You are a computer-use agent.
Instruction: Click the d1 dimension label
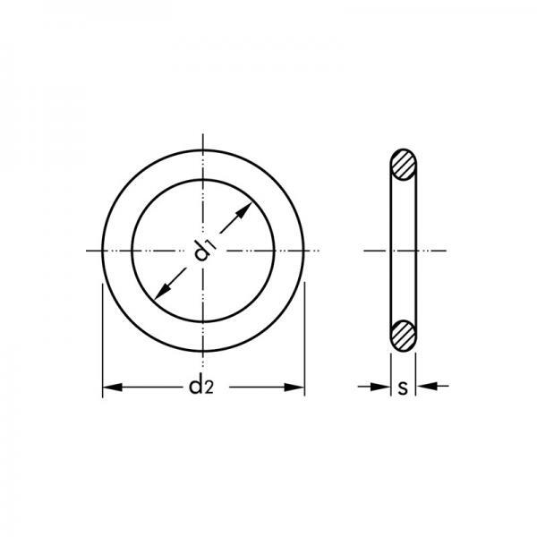204,250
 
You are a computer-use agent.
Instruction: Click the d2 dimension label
201,387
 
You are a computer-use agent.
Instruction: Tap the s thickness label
403,388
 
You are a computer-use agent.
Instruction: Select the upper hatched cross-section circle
404,165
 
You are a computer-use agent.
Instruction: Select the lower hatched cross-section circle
404,336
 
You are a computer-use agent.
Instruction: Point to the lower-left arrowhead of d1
162,292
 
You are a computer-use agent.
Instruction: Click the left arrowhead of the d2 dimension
113,388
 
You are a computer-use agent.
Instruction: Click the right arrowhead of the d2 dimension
294,388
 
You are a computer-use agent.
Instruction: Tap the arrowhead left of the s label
380,387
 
